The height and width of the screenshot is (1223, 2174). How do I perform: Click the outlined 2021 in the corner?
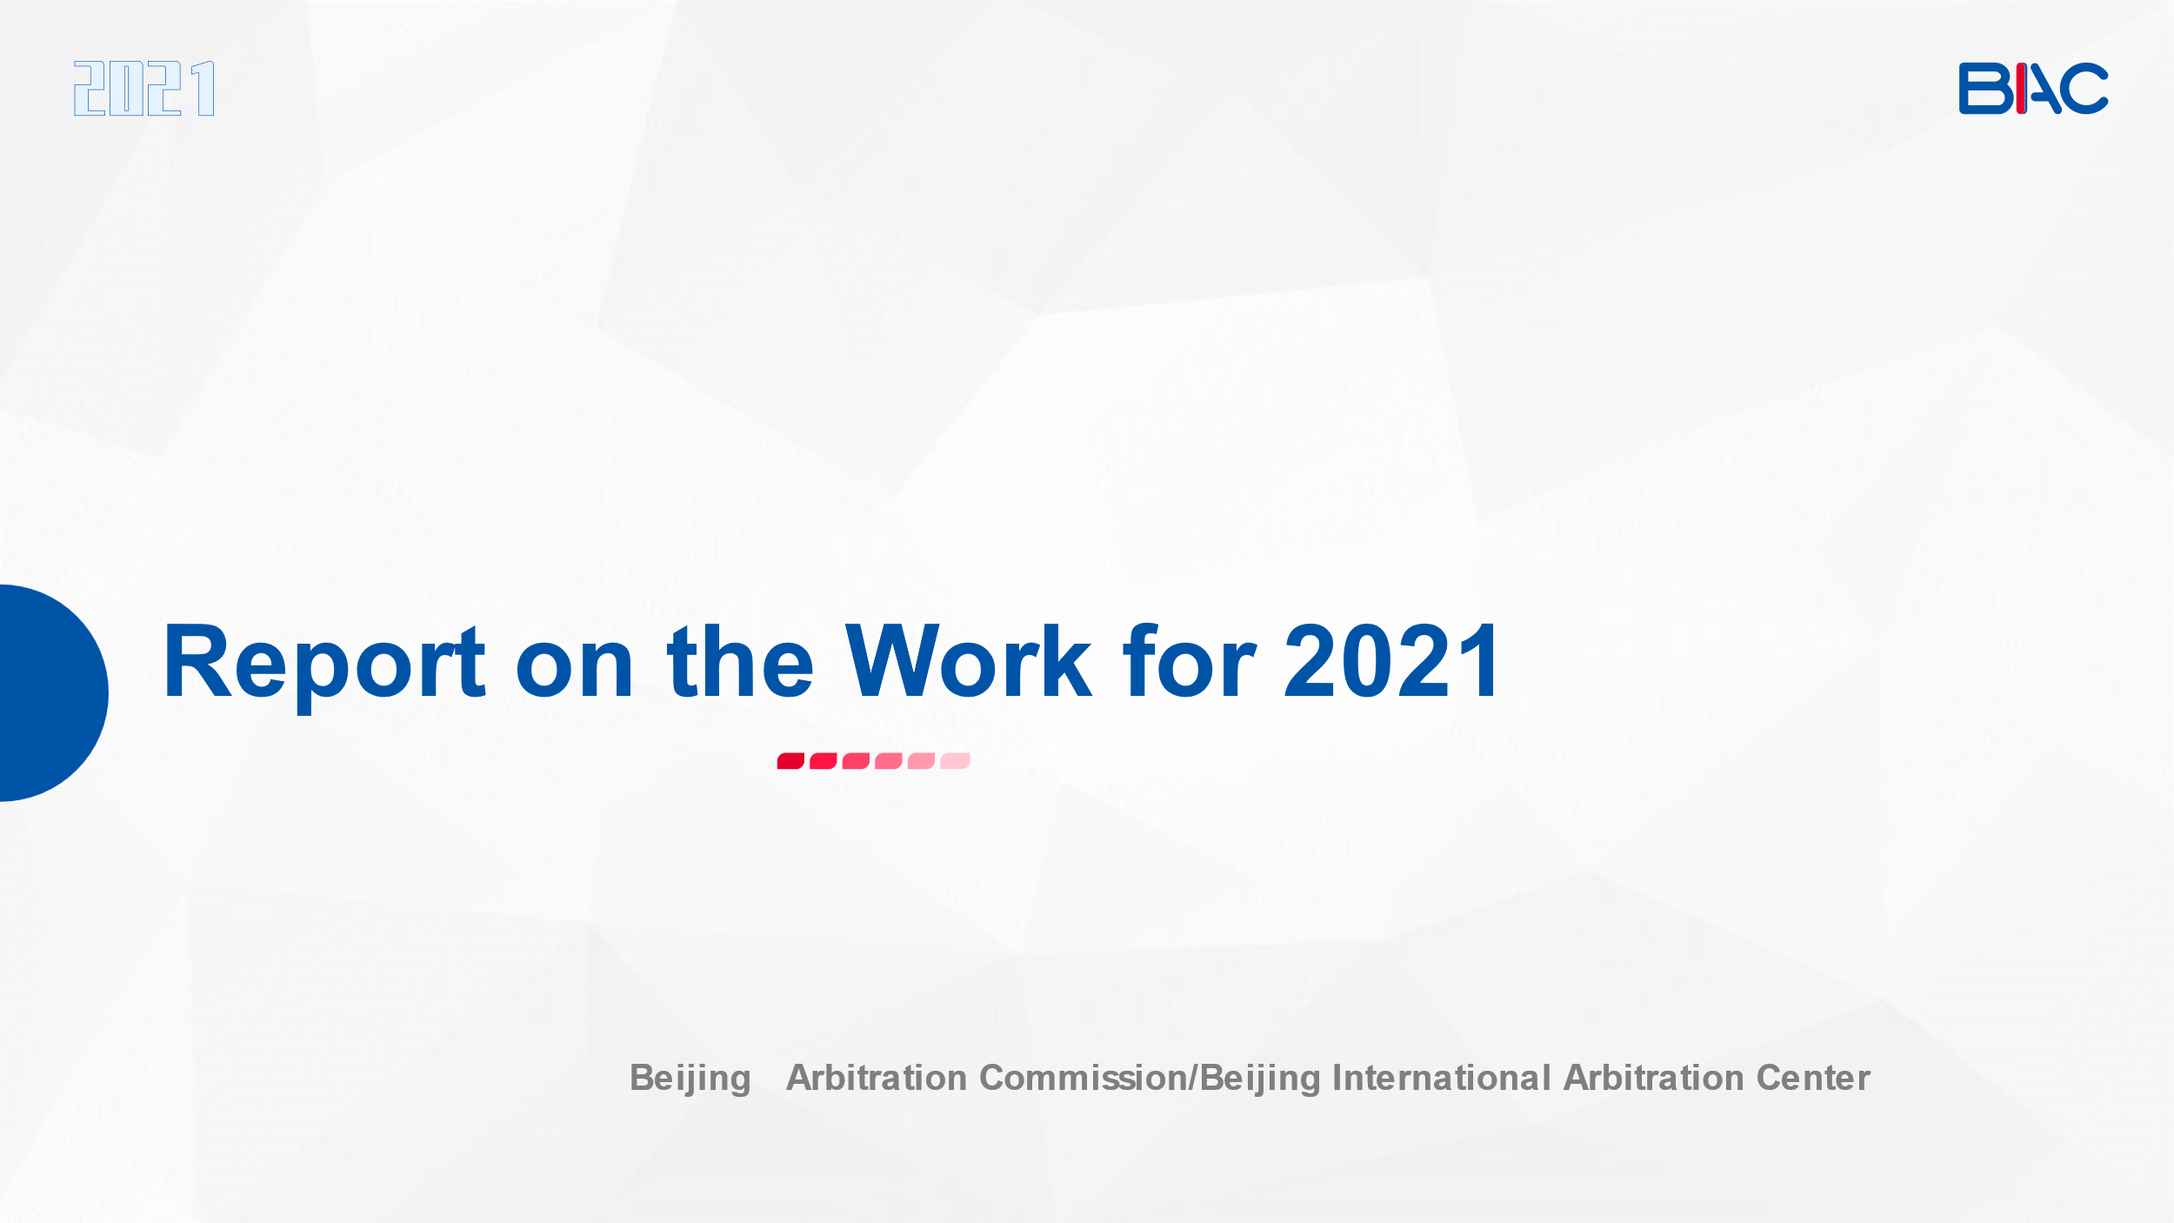[143, 88]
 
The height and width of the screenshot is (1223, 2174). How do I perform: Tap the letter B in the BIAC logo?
[1986, 88]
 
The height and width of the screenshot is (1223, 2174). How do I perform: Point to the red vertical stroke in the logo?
[2021, 88]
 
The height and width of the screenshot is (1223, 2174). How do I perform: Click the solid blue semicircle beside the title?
[52, 692]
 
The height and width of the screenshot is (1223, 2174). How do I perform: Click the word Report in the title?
[324, 663]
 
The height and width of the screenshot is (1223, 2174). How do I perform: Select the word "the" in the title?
[740, 661]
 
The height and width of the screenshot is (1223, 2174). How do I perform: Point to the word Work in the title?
[968, 661]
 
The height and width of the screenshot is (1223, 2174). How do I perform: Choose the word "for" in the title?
[1190, 661]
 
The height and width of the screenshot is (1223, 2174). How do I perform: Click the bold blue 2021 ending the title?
[1391, 661]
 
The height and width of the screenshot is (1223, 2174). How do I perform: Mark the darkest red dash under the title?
[790, 761]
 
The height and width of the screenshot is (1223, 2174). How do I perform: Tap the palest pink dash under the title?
[955, 761]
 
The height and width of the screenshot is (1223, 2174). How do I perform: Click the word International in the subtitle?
[1442, 1078]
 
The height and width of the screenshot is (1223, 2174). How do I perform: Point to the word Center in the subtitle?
[1813, 1078]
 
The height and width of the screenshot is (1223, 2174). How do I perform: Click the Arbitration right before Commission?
[877, 1078]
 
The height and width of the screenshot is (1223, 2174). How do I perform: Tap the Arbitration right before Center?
[1654, 1078]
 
